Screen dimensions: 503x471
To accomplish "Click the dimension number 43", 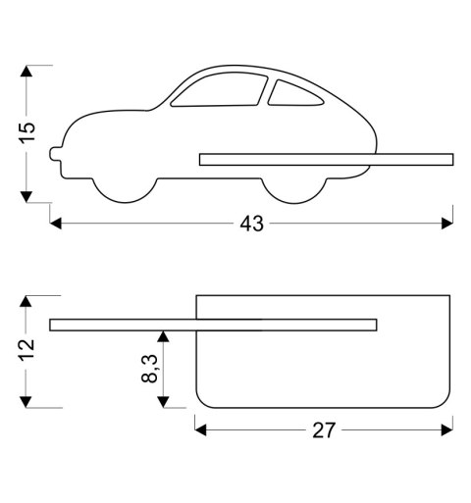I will coord(252,224).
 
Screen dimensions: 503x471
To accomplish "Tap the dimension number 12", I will coord(27,346).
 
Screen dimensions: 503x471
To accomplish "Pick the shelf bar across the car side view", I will coord(326,158).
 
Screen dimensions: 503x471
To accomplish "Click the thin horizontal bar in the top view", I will coord(211,325).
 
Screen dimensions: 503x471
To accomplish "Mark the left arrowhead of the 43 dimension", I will coord(56,224).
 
